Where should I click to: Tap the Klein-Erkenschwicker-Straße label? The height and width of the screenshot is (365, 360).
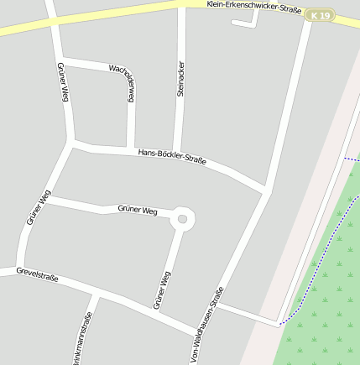click(x=254, y=8)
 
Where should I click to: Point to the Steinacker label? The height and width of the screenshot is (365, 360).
click(x=180, y=78)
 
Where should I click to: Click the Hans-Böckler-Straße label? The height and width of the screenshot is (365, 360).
click(x=172, y=156)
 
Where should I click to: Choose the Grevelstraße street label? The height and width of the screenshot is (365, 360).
click(x=37, y=274)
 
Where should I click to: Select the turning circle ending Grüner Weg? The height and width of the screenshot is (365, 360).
click(x=182, y=220)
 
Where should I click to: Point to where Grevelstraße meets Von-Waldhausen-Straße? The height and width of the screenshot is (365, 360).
click(x=197, y=334)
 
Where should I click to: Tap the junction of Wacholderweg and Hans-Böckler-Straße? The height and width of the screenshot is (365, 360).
click(x=130, y=150)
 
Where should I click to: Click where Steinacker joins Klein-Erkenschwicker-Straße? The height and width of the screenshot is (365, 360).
click(x=181, y=6)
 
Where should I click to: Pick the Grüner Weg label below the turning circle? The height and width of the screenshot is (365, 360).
click(x=163, y=289)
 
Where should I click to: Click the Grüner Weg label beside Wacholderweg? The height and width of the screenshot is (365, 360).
click(x=62, y=82)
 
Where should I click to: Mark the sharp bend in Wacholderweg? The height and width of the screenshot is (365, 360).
click(x=128, y=73)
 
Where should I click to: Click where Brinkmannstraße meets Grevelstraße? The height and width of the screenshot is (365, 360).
click(x=95, y=296)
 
